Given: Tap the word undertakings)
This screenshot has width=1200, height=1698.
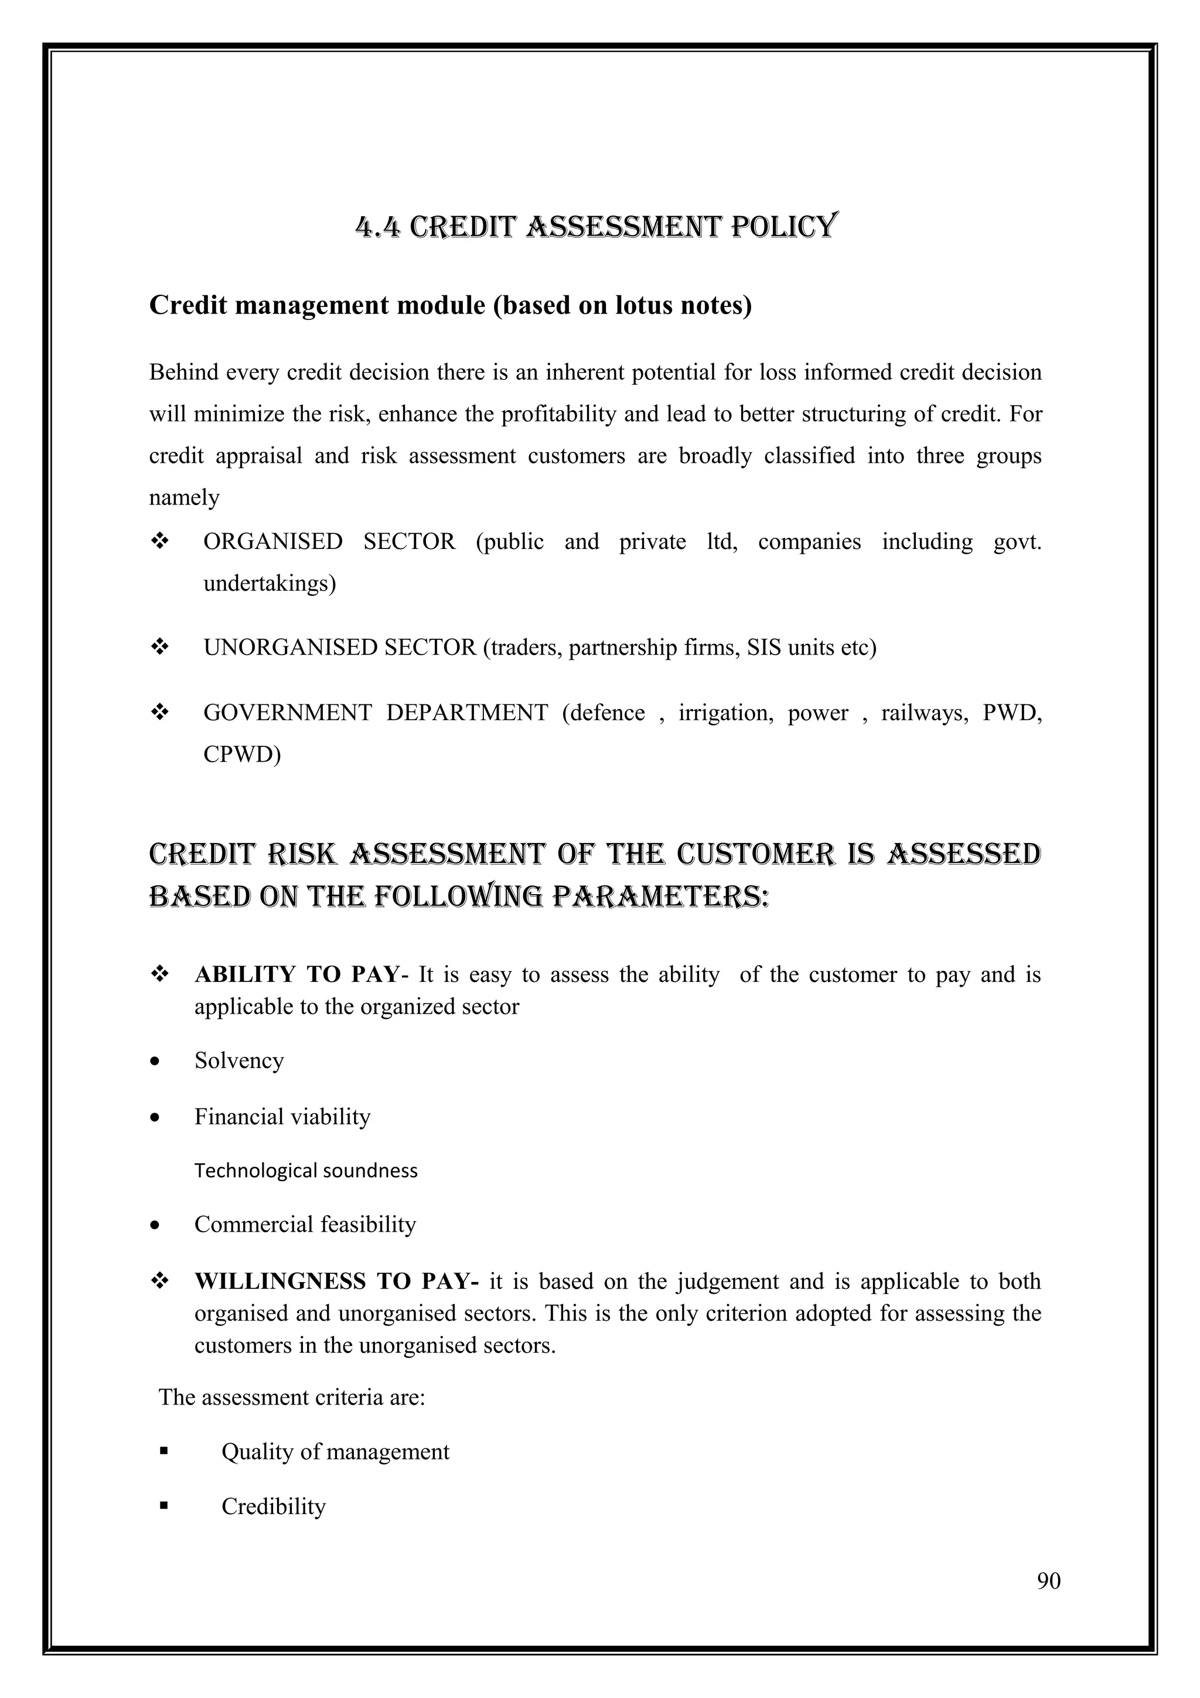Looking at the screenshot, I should [x=269, y=584].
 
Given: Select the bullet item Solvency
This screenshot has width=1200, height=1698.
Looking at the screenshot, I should [x=239, y=1061].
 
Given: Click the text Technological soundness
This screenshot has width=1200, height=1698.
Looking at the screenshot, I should [x=305, y=1170].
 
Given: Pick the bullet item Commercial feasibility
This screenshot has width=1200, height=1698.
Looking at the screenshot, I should [x=305, y=1224].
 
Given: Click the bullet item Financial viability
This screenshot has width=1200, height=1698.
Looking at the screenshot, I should [x=282, y=1116].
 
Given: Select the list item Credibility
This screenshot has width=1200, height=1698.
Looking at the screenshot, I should [x=273, y=1506].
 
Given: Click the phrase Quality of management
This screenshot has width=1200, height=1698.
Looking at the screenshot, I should [x=335, y=1452].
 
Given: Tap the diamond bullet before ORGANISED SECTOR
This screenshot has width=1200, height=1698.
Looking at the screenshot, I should [x=159, y=541].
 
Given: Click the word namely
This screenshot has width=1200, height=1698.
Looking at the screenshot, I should [x=184, y=497].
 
